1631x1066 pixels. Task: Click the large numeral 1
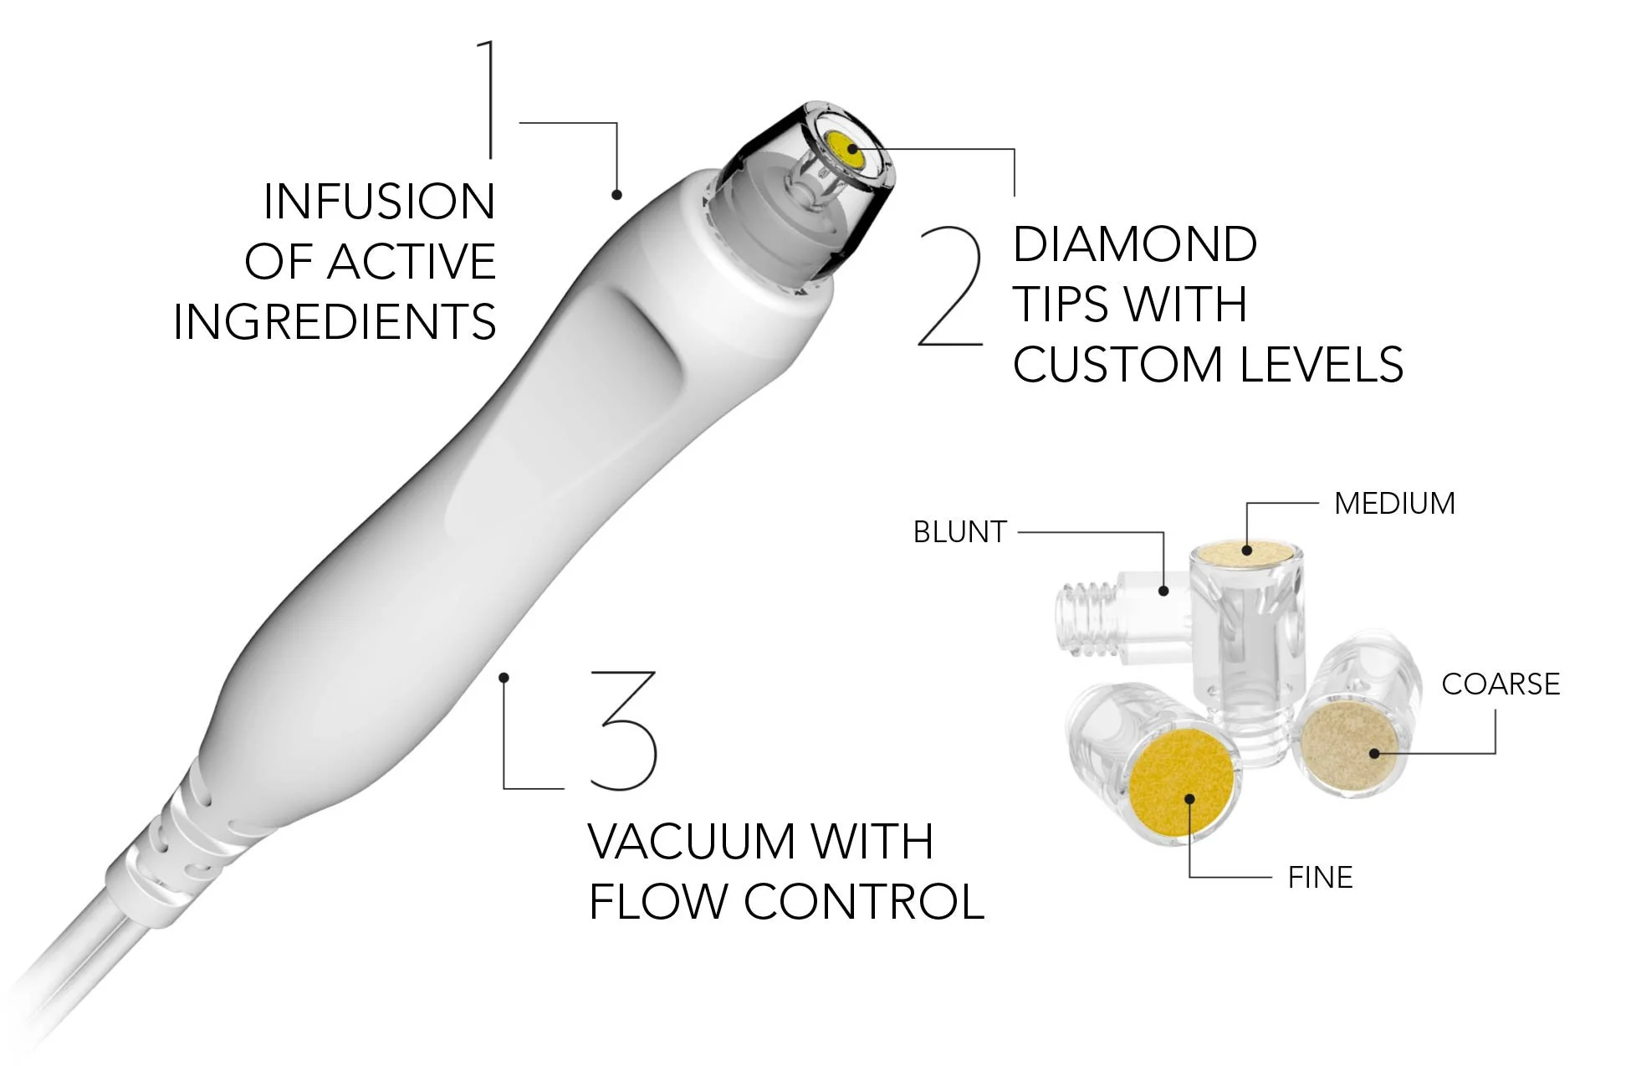pos(488,99)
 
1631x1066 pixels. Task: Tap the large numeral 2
pos(952,287)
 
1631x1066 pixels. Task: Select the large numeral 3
pos(623,730)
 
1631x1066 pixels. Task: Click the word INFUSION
pos(379,202)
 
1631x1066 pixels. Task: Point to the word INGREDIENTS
pos(335,322)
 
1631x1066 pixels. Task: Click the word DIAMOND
pos(1134,244)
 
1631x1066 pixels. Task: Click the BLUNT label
pos(959,532)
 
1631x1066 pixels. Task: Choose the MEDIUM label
pos(1394,504)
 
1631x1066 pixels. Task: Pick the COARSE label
pos(1501,684)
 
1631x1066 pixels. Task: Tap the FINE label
pos(1320,878)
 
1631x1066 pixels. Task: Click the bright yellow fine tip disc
pos(1181,782)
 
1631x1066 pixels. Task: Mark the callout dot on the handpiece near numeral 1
pos(616,195)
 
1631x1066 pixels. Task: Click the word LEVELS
pos(1321,365)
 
